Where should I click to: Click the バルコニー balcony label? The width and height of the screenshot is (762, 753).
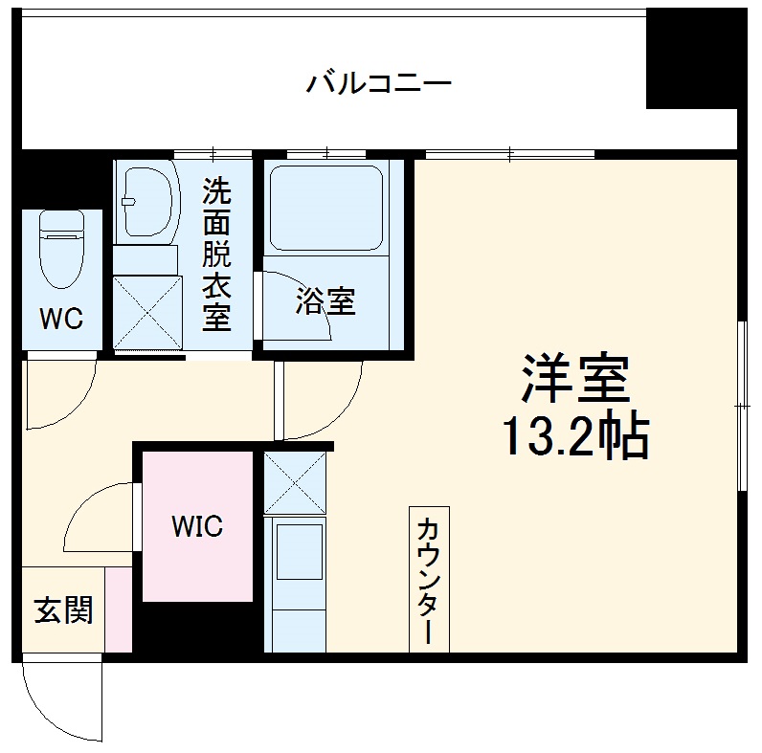pyautogui.click(x=378, y=83)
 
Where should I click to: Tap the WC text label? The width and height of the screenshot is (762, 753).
pyautogui.click(x=59, y=319)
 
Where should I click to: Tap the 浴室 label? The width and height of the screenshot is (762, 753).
pyautogui.click(x=325, y=301)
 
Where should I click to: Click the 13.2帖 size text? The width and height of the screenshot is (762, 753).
pyautogui.click(x=574, y=437)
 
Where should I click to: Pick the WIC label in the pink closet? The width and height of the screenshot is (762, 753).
pyautogui.click(x=197, y=525)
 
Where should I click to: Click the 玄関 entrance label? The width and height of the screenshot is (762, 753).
pyautogui.click(x=63, y=609)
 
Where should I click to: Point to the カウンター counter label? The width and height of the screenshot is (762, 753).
pyautogui.click(x=428, y=580)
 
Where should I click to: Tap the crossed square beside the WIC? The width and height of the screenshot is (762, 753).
pyautogui.click(x=294, y=480)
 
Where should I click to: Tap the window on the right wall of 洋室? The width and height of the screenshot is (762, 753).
pyautogui.click(x=743, y=407)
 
